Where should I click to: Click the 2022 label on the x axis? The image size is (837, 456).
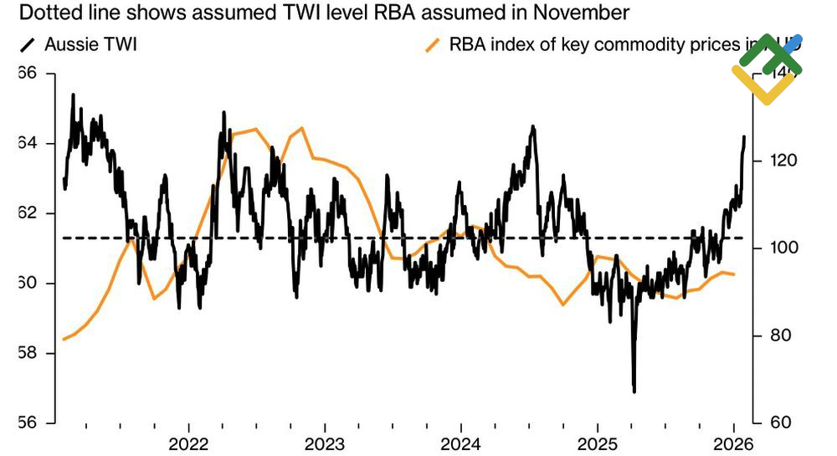(187, 443)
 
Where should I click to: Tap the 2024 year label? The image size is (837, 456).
(460, 443)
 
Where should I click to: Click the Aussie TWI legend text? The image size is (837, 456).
(90, 44)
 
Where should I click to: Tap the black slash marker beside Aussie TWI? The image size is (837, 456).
(26, 45)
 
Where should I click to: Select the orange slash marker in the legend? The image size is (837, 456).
(433, 45)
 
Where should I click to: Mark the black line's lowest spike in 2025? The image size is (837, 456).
(634, 389)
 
